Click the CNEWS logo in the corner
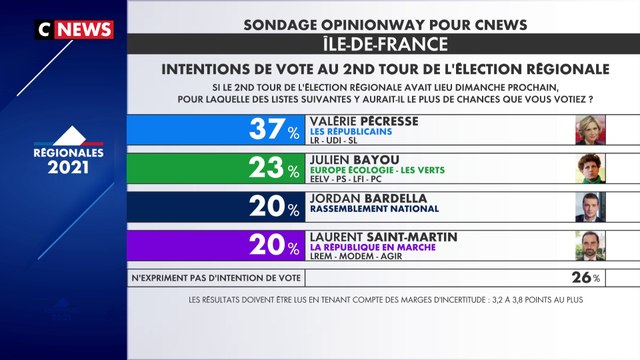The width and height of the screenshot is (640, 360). point(76,30)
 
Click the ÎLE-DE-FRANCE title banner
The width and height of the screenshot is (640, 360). point(383,45)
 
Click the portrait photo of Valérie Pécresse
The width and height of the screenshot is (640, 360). point(591,131)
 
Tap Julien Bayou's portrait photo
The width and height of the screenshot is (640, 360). point(591,169)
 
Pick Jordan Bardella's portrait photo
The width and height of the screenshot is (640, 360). point(591,207)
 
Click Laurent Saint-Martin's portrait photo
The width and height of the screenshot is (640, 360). point(591,245)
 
